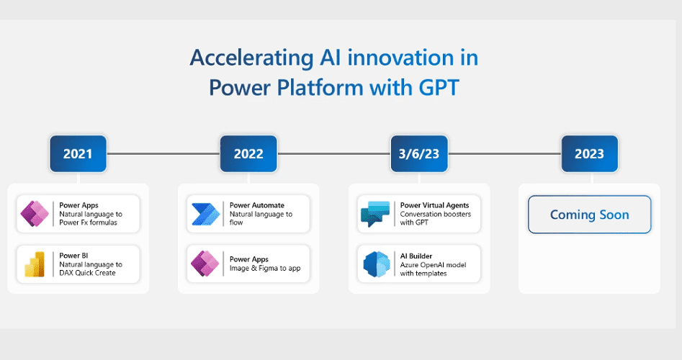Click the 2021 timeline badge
coord(78,153)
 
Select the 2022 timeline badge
coord(248,153)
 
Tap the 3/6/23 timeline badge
coord(418,153)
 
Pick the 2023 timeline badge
coord(589,153)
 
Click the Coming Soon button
coord(589,215)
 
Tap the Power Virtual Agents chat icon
coord(375,214)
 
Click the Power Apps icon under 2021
coord(35,214)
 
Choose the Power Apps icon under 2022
coord(205,264)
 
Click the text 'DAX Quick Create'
coord(87,273)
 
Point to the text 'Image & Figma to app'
coord(264,269)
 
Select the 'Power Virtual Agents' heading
coord(435,205)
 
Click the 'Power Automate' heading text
coord(257,205)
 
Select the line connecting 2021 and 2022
coord(163,153)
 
